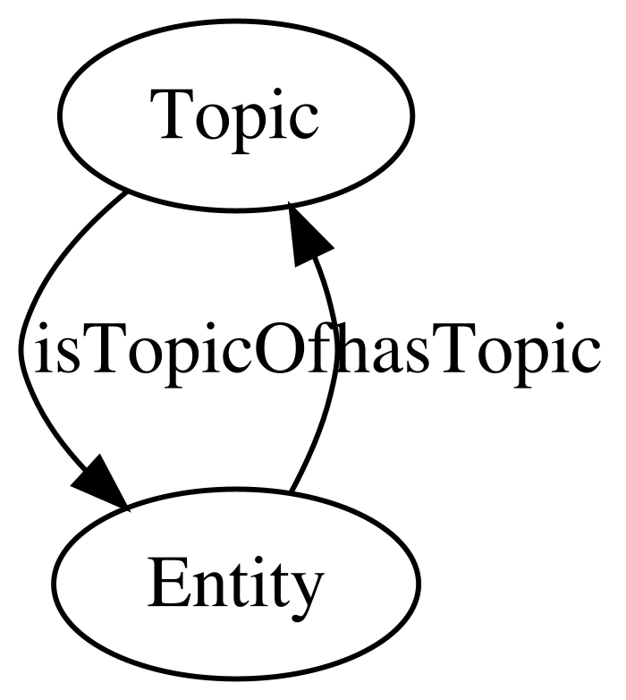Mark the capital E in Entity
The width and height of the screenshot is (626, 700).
pyautogui.click(x=166, y=583)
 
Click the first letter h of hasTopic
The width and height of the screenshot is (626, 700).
pyautogui.click(x=352, y=347)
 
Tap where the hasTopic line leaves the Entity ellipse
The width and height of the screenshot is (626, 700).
pyautogui.click(x=289, y=492)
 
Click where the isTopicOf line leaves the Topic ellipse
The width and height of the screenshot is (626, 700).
pyautogui.click(x=126, y=192)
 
